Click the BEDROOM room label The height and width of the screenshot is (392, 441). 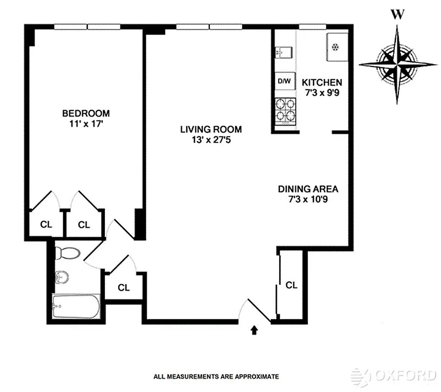coord(86,113)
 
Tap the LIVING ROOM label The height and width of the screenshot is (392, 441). coord(211,129)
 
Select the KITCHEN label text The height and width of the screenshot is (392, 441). coord(321,82)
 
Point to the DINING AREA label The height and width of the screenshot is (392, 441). coord(308,189)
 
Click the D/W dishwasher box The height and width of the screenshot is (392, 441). coord(284,81)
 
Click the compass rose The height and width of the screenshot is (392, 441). coord(398,64)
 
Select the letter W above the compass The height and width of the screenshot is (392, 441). coord(398,15)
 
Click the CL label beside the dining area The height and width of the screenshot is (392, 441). coord(292,285)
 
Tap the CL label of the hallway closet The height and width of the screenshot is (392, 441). coord(124,288)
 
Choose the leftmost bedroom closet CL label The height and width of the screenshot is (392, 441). coord(46,225)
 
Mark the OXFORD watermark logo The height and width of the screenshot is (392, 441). coord(394,376)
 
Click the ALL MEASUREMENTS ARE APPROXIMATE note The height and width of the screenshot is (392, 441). coord(216,377)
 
